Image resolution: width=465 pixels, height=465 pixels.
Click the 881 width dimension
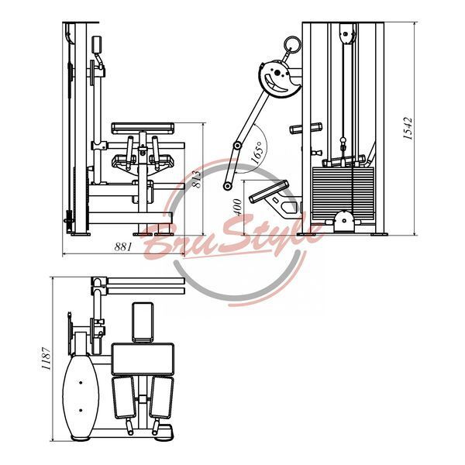pyautogui.click(x=122, y=246)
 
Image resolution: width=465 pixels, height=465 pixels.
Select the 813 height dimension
pyautogui.click(x=196, y=179)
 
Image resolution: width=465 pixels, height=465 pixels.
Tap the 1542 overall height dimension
pyautogui.click(x=408, y=128)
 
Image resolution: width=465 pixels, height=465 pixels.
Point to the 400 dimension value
pyautogui.click(x=238, y=207)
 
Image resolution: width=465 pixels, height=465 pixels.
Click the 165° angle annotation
pyautogui.click(x=257, y=152)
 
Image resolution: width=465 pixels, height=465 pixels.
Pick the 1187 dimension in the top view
pyautogui.click(x=46, y=358)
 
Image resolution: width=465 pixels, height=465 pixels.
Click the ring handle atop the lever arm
pyautogui.click(x=292, y=44)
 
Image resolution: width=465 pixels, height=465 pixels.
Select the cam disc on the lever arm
pyautogui.click(x=279, y=78)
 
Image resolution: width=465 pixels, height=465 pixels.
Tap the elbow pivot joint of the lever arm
pyautogui.click(x=237, y=146)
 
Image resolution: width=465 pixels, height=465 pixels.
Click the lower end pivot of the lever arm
pyautogui.click(x=227, y=186)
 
